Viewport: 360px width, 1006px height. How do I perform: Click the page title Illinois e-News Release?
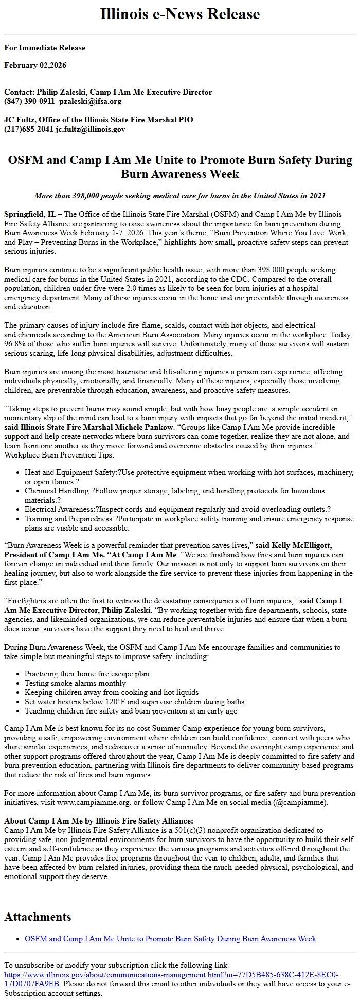pos(180,14)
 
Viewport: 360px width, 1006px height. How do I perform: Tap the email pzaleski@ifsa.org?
pos(90,101)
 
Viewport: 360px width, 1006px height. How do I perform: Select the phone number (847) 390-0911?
pos(29,101)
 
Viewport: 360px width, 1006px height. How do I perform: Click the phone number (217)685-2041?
pos(28,129)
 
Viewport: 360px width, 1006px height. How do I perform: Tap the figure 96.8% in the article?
pos(14,344)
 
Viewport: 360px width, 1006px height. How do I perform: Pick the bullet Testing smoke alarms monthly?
pos(75,683)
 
